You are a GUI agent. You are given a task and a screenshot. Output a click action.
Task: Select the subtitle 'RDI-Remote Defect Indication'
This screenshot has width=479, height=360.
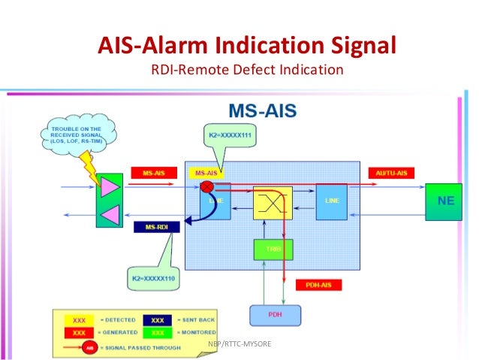point(247,70)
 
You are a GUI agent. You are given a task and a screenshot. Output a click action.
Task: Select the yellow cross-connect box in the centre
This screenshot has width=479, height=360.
point(272,201)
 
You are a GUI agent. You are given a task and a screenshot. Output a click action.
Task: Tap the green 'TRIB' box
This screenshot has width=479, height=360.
point(272,249)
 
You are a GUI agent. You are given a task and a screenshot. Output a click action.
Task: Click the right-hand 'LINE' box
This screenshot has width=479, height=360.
point(331,201)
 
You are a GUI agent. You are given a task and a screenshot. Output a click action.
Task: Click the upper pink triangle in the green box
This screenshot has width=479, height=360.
point(110,186)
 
